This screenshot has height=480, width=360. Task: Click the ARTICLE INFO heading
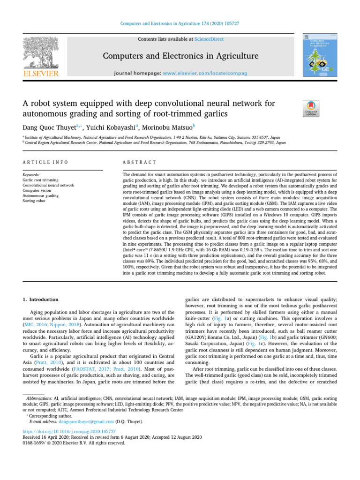(x=45, y=162)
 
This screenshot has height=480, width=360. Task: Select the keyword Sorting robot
(x=36, y=201)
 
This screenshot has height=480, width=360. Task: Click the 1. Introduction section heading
(x=41, y=299)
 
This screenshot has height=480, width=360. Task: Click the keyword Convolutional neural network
(x=48, y=185)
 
